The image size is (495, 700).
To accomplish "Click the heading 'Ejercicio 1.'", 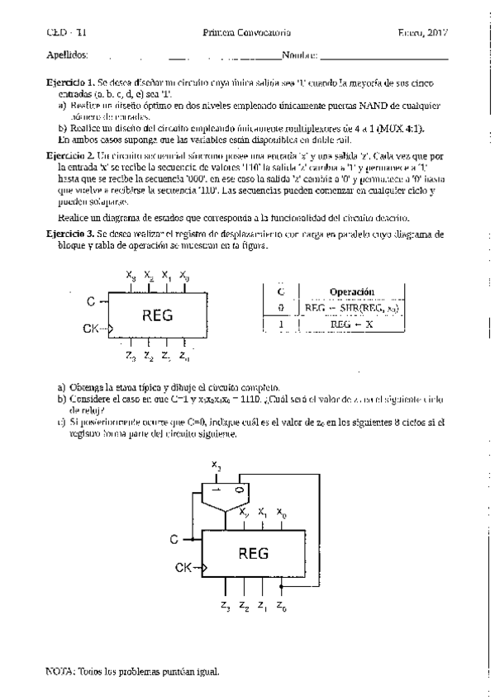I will click(70, 84).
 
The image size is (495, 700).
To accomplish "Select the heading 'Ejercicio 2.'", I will click(70, 155).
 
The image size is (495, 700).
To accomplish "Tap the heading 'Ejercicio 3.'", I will click(70, 235).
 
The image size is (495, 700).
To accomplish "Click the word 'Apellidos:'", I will click(67, 55).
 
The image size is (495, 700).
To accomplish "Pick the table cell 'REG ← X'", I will click(351, 324).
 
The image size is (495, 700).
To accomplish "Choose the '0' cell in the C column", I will click(280, 307).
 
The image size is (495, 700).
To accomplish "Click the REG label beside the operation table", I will click(158, 314).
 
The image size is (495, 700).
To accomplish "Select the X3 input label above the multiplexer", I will click(216, 468).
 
